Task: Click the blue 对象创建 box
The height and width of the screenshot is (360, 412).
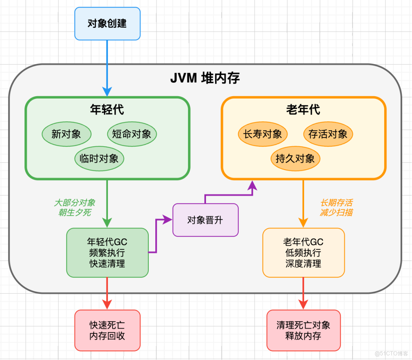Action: point(107,24)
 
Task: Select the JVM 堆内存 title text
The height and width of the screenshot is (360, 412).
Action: point(205,78)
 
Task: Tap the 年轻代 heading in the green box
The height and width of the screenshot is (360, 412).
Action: point(107,110)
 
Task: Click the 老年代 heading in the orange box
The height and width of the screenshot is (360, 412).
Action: point(303,110)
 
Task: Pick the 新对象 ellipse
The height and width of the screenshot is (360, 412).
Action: point(66,134)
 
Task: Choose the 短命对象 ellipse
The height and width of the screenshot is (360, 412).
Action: point(132,134)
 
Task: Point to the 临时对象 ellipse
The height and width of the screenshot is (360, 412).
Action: point(99,158)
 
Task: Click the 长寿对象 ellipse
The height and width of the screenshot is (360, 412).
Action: point(263,134)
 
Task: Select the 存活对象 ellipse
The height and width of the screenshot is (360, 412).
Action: point(328,134)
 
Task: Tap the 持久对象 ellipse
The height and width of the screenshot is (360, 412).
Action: point(295,158)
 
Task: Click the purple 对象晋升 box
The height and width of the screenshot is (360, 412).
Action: point(205,220)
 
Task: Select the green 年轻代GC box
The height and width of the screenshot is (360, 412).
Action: point(107,253)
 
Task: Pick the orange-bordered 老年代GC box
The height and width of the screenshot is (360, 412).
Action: point(303,253)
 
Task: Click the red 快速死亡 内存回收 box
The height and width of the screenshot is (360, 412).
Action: point(107,330)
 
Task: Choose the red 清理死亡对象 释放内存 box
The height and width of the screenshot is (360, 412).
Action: point(303,330)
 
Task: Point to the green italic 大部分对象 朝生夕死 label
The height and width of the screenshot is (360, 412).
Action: point(74,208)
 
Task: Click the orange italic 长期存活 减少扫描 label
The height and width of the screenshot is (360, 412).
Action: point(336,208)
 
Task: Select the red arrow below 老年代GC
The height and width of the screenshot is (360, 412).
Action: point(303,292)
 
